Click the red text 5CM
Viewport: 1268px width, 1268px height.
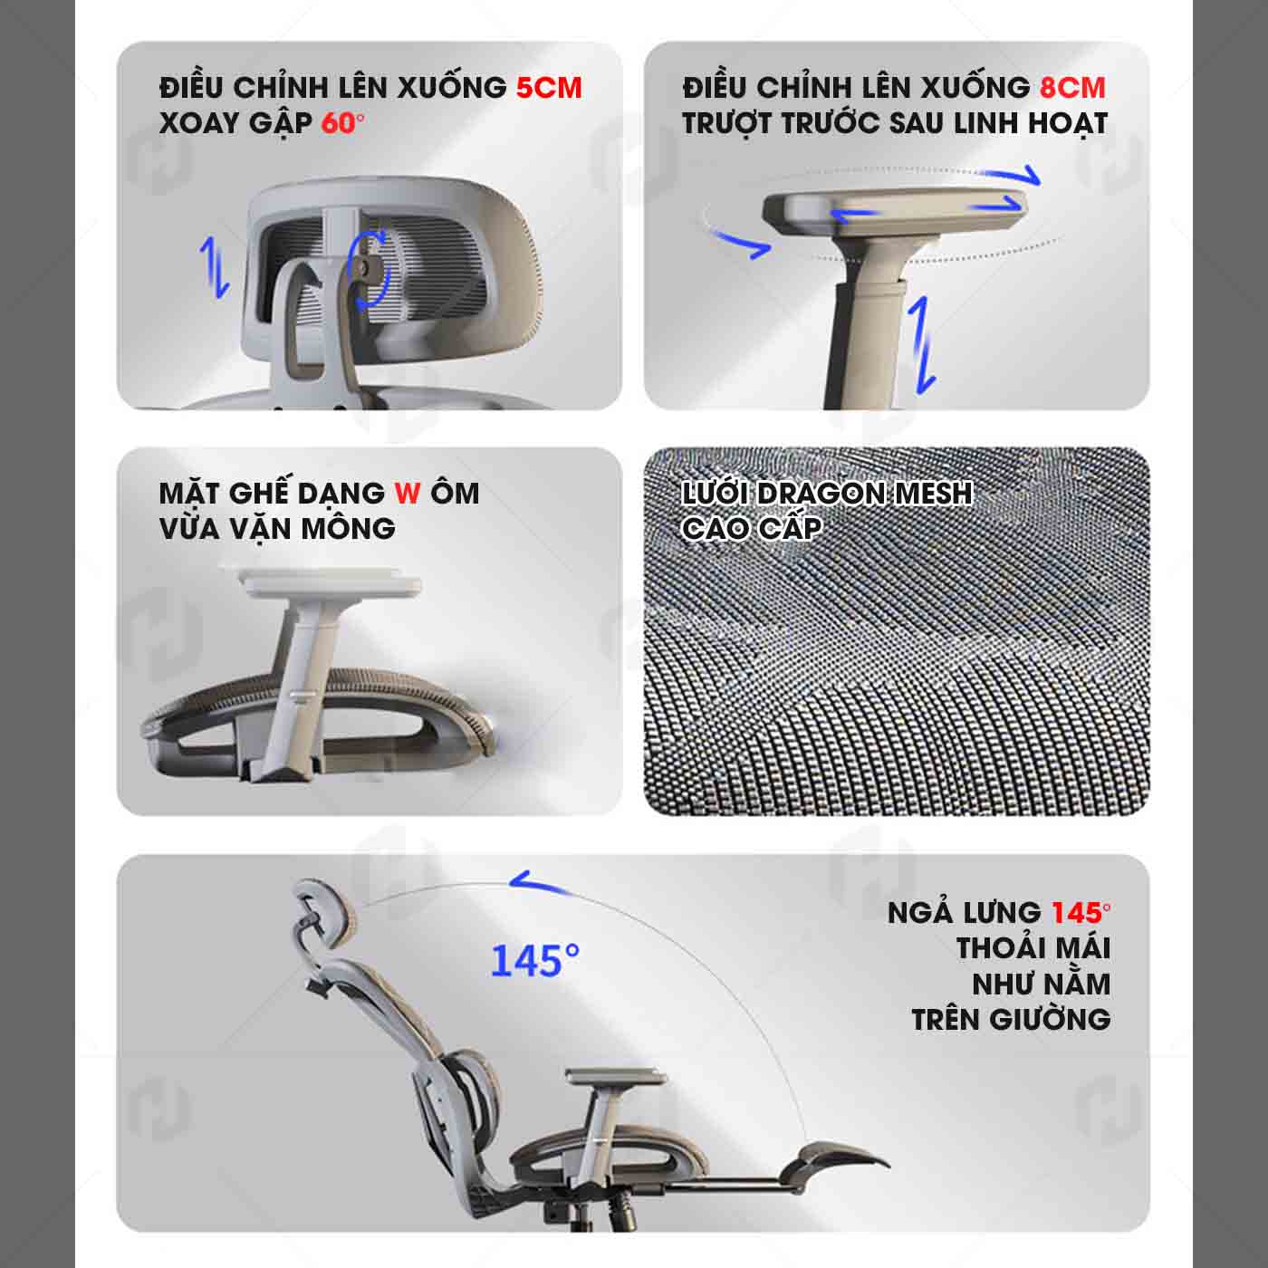(549, 88)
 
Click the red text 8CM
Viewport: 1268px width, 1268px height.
(1072, 88)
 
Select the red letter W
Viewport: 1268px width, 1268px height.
(408, 494)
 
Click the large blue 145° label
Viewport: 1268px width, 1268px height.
(534, 960)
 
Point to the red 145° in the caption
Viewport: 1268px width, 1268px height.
(1081, 912)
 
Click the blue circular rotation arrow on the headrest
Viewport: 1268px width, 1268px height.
(370, 270)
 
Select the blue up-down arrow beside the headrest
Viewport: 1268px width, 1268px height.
(216, 268)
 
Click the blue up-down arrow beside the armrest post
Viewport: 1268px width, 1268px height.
(923, 345)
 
